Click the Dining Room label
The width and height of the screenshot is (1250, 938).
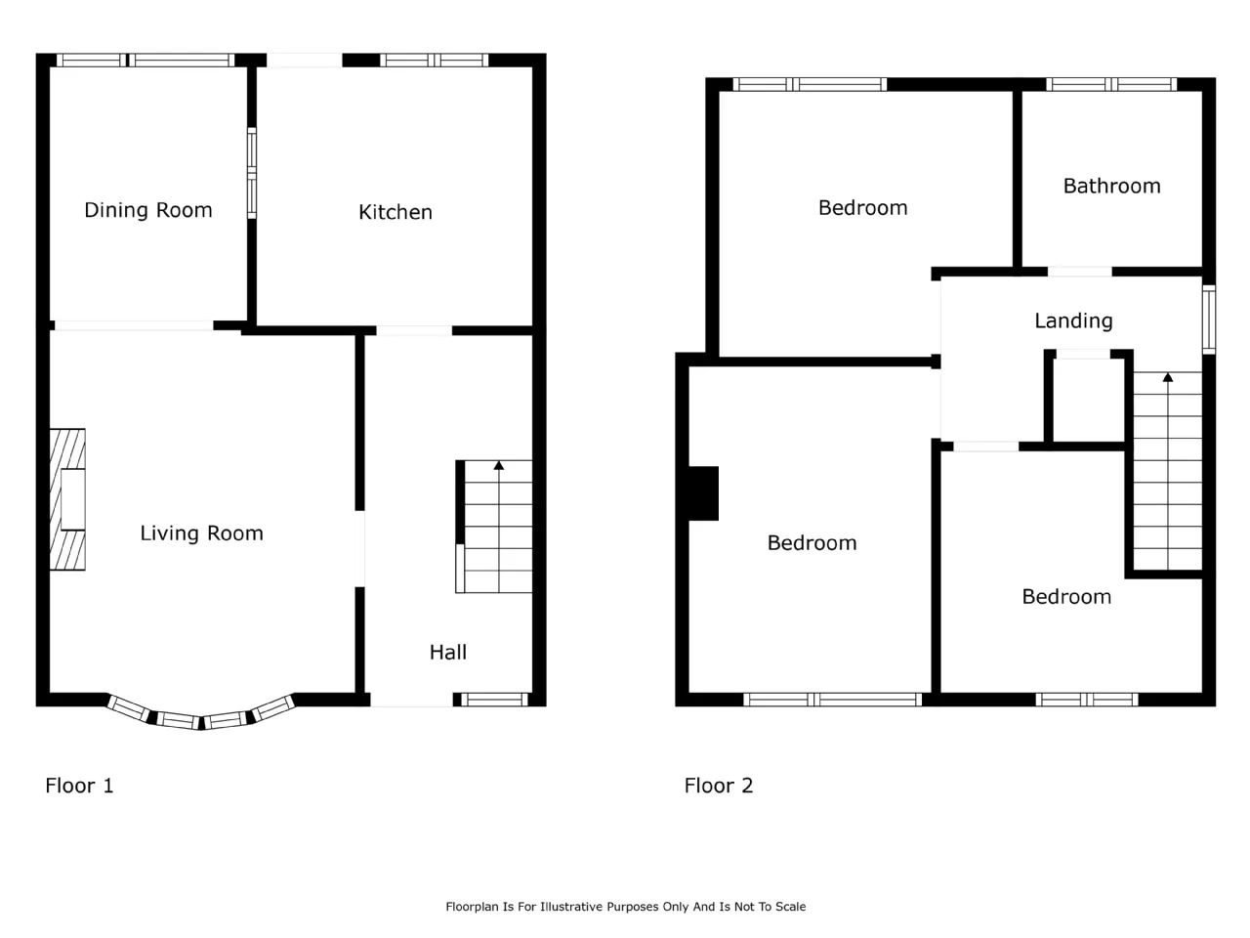[148, 210]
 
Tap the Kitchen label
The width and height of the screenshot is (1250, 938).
[396, 212]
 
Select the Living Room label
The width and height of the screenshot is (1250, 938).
[201, 533]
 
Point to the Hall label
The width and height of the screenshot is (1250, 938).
[448, 652]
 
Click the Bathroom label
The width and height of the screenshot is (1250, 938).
[1111, 187]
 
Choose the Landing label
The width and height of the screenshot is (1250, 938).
[1073, 321]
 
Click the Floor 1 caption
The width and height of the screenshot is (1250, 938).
[79, 786]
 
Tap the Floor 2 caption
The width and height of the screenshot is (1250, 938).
[718, 786]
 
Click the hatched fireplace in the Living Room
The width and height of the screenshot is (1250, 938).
[67, 499]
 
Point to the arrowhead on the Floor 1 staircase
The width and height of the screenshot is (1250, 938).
[499, 465]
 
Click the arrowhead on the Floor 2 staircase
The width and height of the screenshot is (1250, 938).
[1167, 377]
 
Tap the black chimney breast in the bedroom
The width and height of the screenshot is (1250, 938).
[704, 493]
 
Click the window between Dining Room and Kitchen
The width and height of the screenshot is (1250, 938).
[252, 173]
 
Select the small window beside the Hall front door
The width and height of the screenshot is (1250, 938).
[494, 700]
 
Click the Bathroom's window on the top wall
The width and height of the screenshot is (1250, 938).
[1111, 84]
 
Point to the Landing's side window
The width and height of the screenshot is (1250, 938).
[1208, 320]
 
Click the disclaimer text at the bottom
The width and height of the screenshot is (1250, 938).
[625, 906]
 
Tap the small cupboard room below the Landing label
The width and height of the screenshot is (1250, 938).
[1088, 400]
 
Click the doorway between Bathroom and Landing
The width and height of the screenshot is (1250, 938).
[1080, 272]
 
